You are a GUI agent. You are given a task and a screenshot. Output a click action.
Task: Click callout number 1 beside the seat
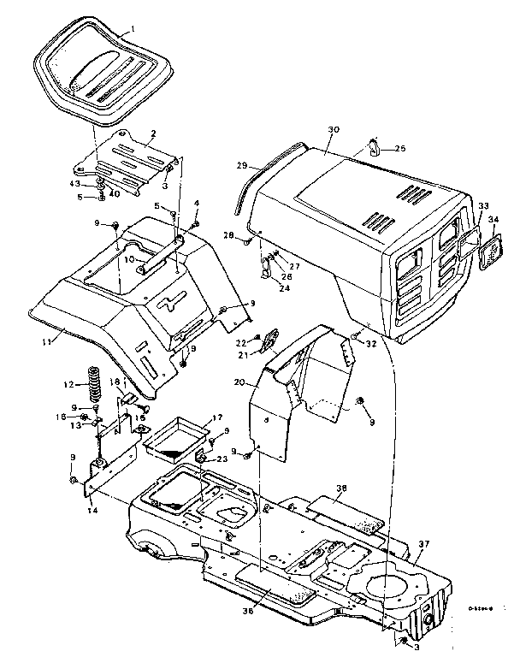(x=133, y=29)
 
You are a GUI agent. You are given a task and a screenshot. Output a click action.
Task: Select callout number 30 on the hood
(x=334, y=129)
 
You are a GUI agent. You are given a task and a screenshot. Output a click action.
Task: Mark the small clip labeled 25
(x=375, y=147)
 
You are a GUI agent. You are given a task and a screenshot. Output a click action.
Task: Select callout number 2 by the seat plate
(x=152, y=133)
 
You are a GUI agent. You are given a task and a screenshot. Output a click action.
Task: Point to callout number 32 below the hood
(x=371, y=344)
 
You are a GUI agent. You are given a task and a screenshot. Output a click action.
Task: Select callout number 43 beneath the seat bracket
(x=74, y=183)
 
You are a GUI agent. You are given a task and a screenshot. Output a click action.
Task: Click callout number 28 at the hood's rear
(x=228, y=234)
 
